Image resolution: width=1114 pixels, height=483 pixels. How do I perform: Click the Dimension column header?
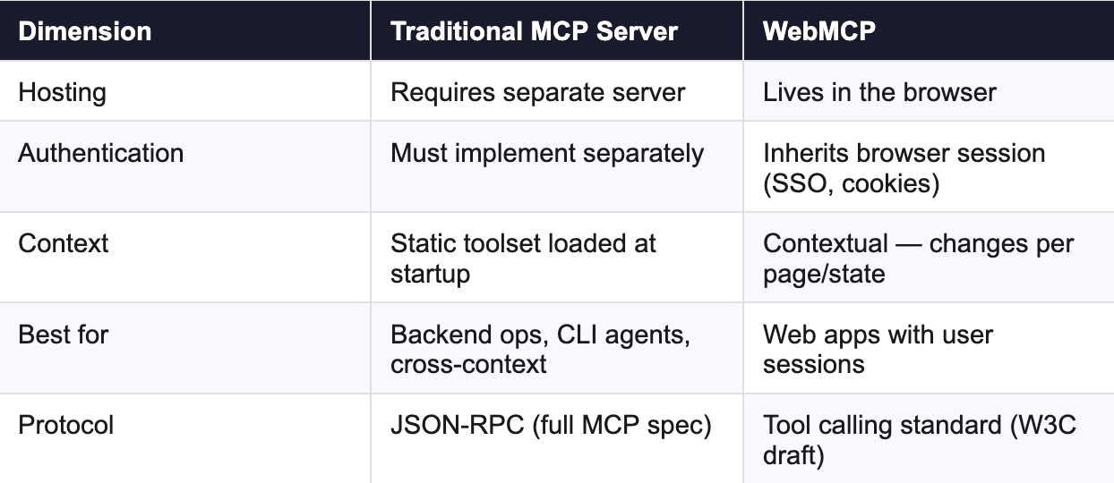point(85,31)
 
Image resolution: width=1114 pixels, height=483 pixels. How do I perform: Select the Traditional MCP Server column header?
point(534,31)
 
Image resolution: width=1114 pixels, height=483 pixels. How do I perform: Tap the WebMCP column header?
point(818,31)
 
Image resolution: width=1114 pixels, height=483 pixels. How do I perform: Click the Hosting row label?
point(62,92)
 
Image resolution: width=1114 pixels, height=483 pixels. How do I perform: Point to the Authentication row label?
point(100,153)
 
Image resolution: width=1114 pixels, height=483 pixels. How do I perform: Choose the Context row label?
point(63,243)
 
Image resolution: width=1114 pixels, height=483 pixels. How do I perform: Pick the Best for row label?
point(63,335)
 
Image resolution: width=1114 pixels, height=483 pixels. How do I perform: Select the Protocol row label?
point(65,425)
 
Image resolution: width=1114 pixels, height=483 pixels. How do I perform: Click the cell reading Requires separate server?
point(537,92)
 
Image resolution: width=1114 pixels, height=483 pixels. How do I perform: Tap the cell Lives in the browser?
point(879,92)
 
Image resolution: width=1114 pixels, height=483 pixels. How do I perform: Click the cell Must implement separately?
point(546,153)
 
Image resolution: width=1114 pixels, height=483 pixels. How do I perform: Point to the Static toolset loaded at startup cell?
point(523,258)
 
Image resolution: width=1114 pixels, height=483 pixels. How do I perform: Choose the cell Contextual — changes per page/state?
point(918,258)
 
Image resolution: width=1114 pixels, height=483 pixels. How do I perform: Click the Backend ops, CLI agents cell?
point(540,349)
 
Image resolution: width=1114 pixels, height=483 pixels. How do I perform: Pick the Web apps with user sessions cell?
point(878,349)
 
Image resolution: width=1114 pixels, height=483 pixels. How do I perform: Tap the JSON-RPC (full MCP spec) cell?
point(550,425)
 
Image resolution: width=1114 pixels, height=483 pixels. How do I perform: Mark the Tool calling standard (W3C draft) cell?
point(919,439)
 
